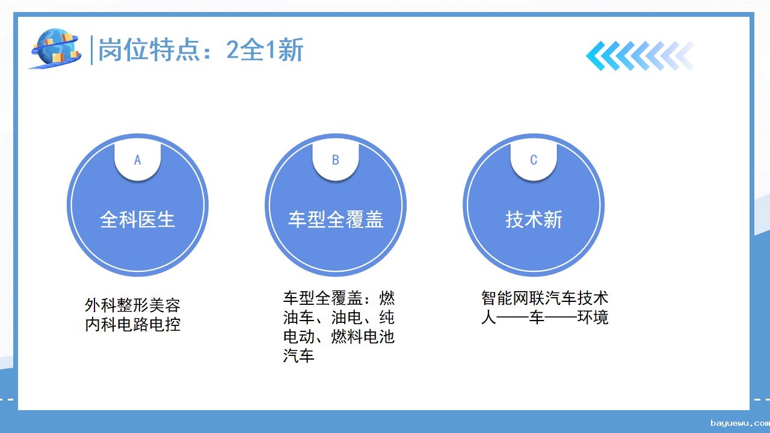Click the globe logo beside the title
tap(56, 48)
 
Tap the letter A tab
tap(138, 160)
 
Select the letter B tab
tap(336, 160)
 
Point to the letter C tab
tap(534, 160)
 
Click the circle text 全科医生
tap(138, 220)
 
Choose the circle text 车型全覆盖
tap(336, 220)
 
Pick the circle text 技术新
tap(534, 220)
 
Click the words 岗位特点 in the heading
tap(149, 50)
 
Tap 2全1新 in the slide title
tap(265, 50)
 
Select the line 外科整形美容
tap(133, 305)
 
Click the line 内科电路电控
tap(133, 324)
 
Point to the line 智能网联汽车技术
tap(545, 298)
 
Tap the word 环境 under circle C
tap(593, 317)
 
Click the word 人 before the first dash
tap(489, 317)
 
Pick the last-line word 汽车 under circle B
tap(299, 355)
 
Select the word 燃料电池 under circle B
tap(363, 336)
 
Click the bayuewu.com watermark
tap(740, 423)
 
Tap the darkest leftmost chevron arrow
tap(599, 56)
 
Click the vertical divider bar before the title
tap(91, 50)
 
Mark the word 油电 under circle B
tap(347, 317)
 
